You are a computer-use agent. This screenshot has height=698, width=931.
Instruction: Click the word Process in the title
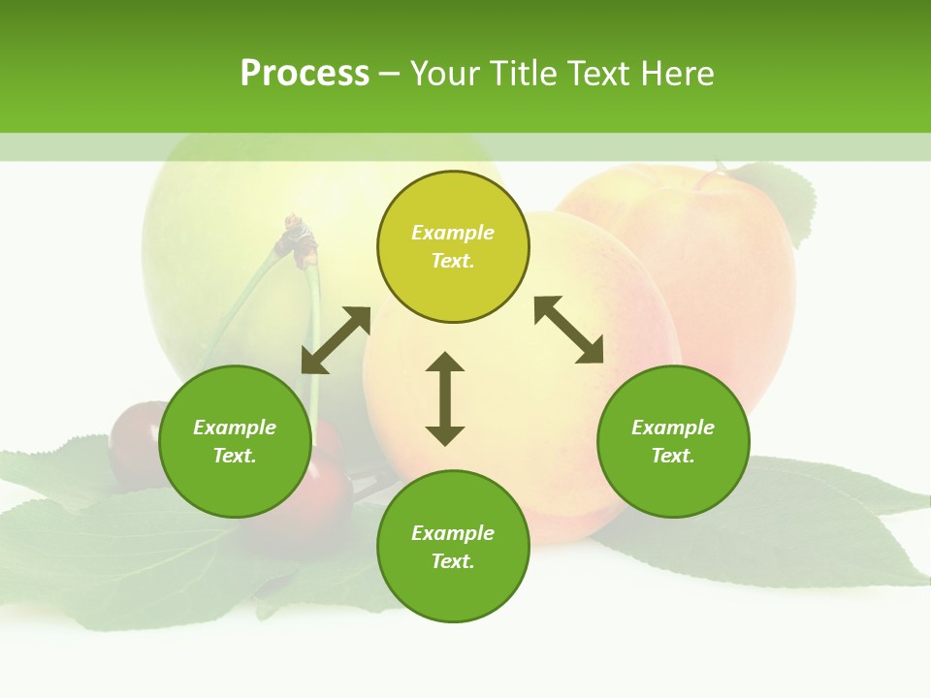click(x=305, y=74)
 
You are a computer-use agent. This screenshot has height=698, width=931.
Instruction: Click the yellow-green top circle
click(x=453, y=281)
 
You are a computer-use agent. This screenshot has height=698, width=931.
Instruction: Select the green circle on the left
click(x=235, y=475)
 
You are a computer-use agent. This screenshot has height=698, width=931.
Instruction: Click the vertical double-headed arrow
click(x=445, y=398)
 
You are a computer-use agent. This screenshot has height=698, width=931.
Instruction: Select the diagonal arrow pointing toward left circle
click(x=336, y=340)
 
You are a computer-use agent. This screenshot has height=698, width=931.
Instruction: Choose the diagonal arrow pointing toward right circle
click(x=569, y=330)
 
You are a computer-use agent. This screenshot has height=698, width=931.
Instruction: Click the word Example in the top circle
click(x=453, y=233)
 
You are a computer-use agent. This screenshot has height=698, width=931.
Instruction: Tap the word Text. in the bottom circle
click(x=453, y=561)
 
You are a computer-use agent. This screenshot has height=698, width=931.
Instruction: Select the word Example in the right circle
click(x=673, y=428)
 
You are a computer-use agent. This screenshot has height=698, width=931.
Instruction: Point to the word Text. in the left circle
click(x=235, y=456)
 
